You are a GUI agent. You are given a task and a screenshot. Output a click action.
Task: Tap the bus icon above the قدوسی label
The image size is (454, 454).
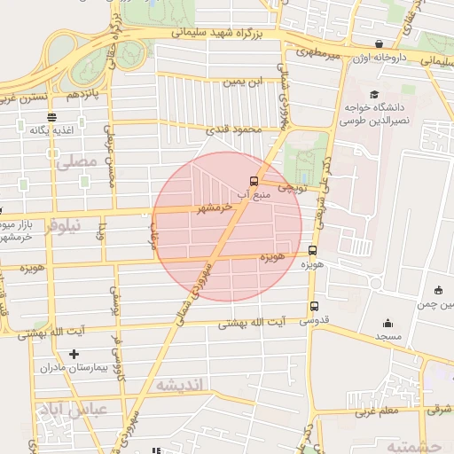click(x=314, y=306)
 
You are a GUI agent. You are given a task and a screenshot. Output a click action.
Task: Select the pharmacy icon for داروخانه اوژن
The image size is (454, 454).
click(x=380, y=43)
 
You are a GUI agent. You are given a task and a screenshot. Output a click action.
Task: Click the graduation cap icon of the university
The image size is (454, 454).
click(x=374, y=94)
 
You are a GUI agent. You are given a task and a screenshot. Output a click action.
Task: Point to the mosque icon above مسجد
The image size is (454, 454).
click(x=387, y=324)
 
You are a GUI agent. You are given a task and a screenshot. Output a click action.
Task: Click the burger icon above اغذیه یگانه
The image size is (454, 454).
click(x=52, y=116)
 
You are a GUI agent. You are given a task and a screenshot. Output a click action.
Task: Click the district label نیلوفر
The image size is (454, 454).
click(x=62, y=225)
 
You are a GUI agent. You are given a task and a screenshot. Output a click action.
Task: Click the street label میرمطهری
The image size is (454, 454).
click(x=320, y=56)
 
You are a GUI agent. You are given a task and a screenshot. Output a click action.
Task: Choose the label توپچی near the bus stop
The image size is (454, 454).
click(x=293, y=188)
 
